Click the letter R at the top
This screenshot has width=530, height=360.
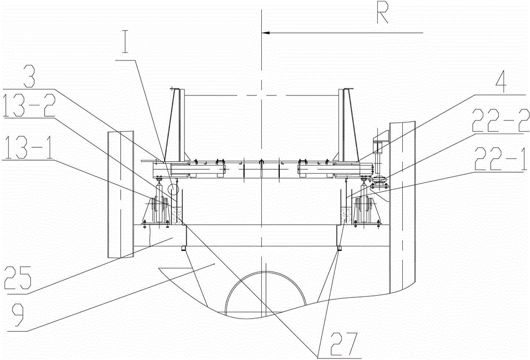(x=382, y=14)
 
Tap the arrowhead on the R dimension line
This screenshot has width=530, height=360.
(x=266, y=33)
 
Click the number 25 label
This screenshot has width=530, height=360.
(x=18, y=277)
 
